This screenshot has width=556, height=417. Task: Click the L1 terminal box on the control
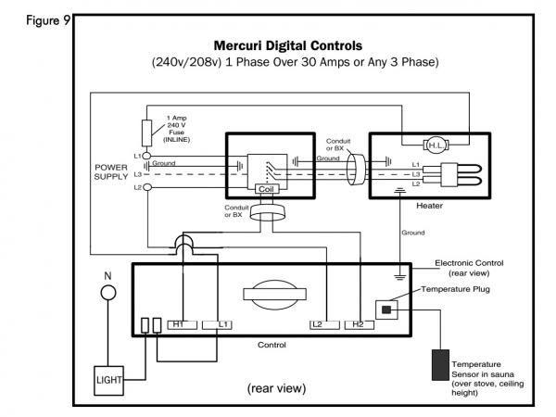tap(222, 324)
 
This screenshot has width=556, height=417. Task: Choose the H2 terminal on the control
tap(357, 324)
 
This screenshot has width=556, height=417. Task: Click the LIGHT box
tap(110, 380)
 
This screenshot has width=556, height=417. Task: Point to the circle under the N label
tap(107, 293)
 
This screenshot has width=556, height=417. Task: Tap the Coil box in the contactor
tap(267, 187)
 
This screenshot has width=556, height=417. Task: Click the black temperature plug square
tap(384, 308)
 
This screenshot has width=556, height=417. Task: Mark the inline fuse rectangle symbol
tap(146, 130)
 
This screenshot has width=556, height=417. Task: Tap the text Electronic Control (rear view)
tap(469, 269)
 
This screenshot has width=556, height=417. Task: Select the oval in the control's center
tap(268, 294)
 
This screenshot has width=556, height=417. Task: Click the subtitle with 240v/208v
tap(295, 62)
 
